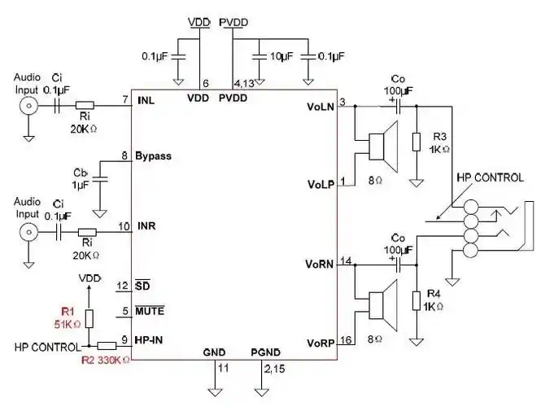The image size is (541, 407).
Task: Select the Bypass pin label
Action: click(x=153, y=155)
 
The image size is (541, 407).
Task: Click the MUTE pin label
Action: click(x=150, y=310)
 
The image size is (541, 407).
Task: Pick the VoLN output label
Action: click(x=321, y=107)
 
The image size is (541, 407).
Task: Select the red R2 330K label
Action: click(x=105, y=358)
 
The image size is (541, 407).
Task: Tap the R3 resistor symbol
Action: click(x=416, y=142)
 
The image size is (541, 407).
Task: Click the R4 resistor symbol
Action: click(x=416, y=300)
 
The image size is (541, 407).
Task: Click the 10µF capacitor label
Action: click(x=281, y=57)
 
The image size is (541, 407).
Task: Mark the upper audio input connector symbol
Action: click(x=29, y=106)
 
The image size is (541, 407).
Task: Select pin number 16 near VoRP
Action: click(x=345, y=340)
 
